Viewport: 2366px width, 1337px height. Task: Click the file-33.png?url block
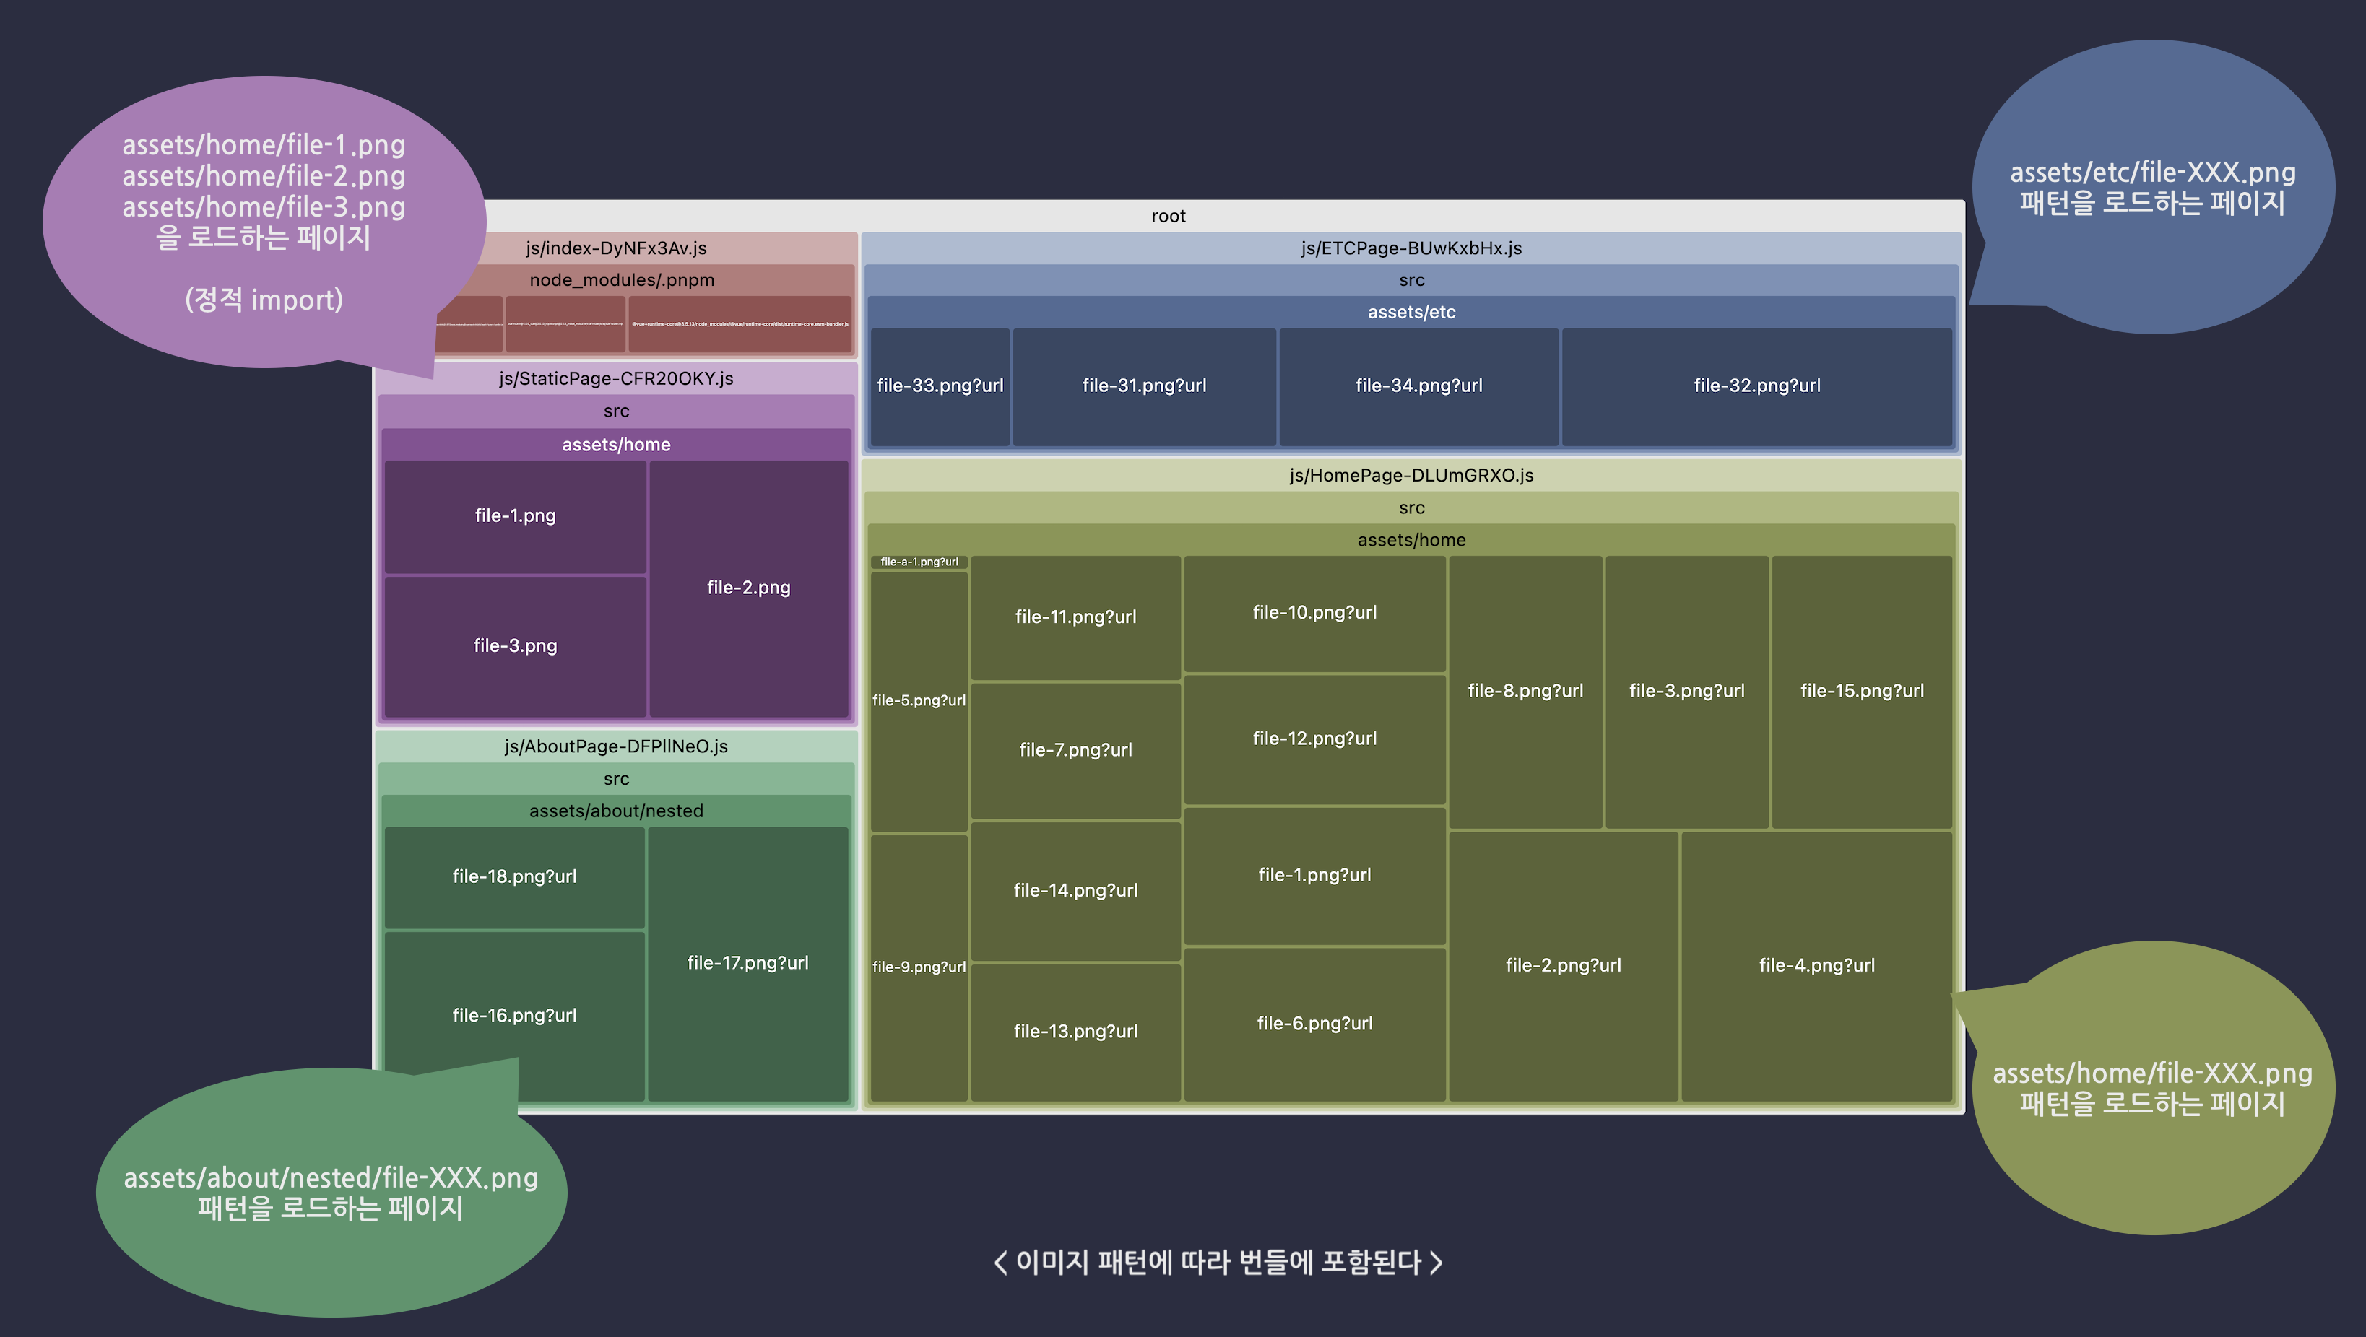pos(940,386)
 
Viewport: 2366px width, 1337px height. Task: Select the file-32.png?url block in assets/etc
pos(1756,386)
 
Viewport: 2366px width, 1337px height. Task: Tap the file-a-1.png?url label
pos(919,562)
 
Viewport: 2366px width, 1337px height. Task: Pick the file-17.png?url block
pos(747,962)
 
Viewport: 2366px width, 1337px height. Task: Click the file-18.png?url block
pos(514,876)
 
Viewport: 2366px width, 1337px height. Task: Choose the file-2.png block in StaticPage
pos(747,588)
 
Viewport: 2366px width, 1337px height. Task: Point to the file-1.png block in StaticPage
pos(514,516)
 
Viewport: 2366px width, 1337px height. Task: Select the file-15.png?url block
pos(1861,691)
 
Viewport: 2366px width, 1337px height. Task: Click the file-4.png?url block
pos(1816,965)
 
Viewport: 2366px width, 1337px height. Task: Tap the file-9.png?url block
pos(919,967)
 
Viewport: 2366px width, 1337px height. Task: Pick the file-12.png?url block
pos(1314,739)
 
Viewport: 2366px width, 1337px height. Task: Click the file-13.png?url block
pos(1075,1031)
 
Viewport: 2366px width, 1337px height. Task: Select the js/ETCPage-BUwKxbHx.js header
pos(1410,248)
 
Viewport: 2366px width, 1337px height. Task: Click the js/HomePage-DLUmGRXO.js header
pos(1410,476)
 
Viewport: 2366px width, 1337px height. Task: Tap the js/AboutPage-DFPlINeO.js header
pos(615,746)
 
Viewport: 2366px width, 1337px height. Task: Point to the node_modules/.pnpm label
pos(622,280)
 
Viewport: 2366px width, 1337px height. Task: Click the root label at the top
pos(1169,216)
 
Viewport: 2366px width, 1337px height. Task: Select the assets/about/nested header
pos(615,811)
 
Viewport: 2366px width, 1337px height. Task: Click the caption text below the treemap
pos(1218,1263)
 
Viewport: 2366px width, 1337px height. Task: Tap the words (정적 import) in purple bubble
pos(264,300)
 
